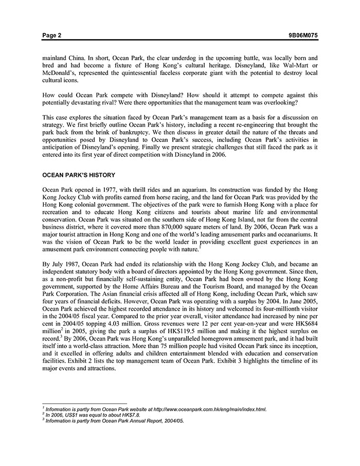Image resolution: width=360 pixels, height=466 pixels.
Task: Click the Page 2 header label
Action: (52, 35)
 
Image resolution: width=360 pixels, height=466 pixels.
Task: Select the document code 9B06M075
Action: (303, 35)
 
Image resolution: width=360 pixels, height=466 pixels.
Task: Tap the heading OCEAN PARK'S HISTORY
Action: (79, 175)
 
